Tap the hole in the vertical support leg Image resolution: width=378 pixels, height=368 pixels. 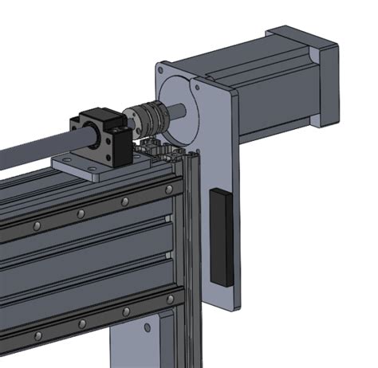147,327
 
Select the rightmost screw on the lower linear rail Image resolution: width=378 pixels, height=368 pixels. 168,298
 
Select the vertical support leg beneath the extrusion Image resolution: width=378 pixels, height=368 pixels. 152,343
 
